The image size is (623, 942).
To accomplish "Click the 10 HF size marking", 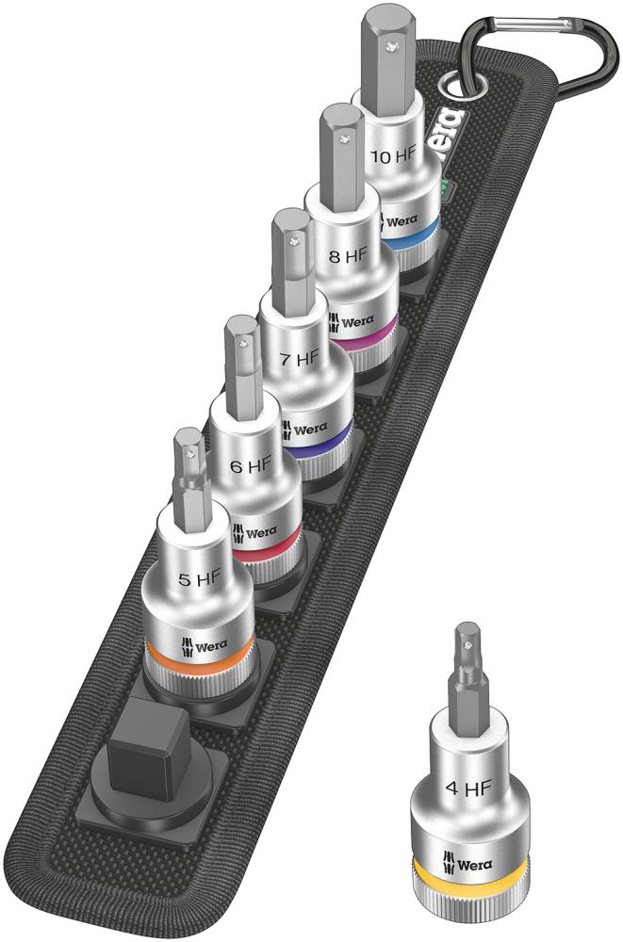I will [395, 156].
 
